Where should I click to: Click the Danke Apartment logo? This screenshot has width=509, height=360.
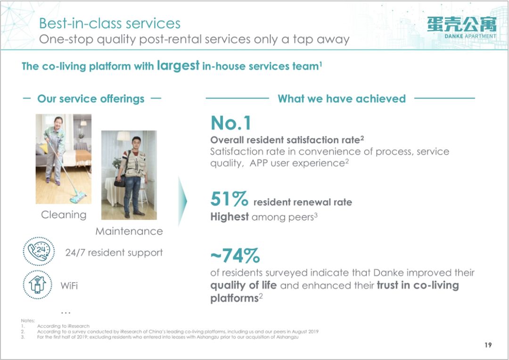point(461,28)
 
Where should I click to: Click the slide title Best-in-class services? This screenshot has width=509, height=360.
point(110,24)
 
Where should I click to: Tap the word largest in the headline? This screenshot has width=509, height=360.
point(178,65)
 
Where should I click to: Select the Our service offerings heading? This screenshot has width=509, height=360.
point(91,98)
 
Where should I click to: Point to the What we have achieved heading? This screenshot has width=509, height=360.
point(342,98)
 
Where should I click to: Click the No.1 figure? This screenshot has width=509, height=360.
point(231,123)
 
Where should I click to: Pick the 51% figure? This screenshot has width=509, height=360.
point(229,199)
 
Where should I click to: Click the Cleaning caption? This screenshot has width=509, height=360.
point(64,215)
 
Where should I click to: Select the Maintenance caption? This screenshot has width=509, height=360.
point(129,231)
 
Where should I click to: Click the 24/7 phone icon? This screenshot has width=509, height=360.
point(39,251)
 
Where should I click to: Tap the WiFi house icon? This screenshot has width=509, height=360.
point(38,285)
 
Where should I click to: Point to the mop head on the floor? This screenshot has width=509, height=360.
point(78,197)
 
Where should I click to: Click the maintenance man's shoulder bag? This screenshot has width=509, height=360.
point(120,181)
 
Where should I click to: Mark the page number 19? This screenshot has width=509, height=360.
point(488,345)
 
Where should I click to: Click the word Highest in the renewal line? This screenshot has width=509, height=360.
point(230,217)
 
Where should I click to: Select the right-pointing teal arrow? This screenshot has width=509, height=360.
point(182,201)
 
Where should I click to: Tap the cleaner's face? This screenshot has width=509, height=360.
point(58,123)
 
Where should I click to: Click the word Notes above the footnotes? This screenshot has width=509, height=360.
point(28,320)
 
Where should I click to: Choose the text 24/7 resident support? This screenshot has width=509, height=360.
point(114,253)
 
